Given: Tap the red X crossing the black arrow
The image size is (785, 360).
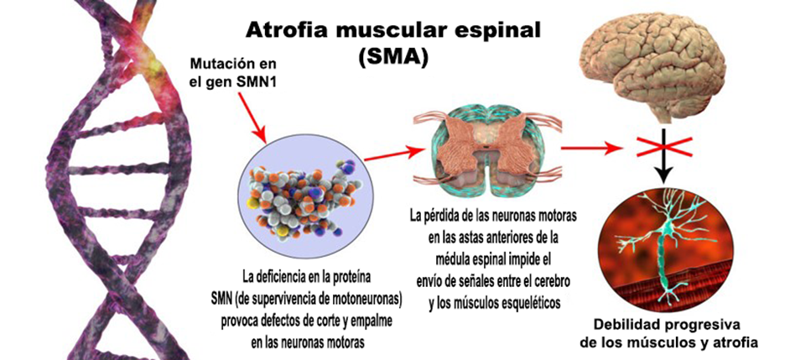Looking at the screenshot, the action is (664, 147).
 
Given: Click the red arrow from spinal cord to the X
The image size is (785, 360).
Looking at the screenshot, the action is (591, 149).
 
